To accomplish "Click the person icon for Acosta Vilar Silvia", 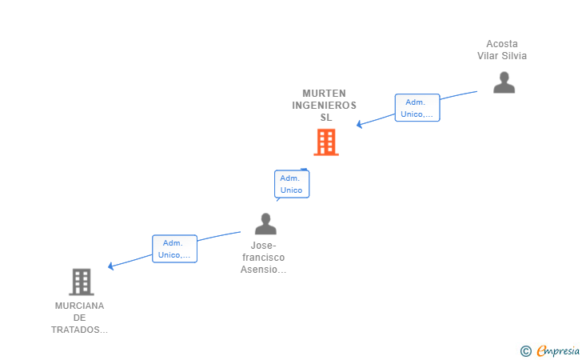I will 504,82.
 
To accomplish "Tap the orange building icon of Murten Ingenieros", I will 325,142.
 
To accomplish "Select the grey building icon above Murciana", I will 81,282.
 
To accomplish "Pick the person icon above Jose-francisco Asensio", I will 265,224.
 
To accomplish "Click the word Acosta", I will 502,44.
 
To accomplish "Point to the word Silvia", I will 513,56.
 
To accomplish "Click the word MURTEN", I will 325,94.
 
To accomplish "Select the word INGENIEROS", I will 325,106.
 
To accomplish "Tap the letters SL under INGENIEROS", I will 325,118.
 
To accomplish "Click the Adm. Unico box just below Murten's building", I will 292,184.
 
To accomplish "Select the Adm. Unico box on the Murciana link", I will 174,249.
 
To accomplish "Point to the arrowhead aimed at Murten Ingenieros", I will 360,125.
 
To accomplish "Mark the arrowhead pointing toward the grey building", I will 111,266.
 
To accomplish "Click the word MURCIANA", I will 80,306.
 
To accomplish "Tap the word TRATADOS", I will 78,330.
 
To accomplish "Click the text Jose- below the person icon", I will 264,246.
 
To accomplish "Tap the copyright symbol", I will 525,350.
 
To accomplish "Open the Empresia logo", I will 558,350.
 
